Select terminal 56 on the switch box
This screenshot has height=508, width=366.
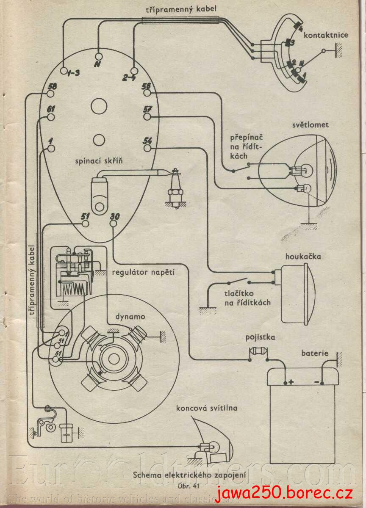(147, 93)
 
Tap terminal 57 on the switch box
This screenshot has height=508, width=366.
(147, 116)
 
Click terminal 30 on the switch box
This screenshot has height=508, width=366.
(114, 224)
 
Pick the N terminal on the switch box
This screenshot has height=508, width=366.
(99, 56)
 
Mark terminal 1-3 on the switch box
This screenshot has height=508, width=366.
(64, 70)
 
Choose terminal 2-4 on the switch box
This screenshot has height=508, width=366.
(134, 70)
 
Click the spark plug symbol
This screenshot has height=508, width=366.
(174, 189)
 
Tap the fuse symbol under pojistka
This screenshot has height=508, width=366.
(258, 351)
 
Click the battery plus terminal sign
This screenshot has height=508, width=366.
(291, 382)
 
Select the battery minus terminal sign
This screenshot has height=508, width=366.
(316, 382)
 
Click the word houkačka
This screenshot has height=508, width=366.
(303, 257)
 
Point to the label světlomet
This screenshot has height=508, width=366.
(310, 125)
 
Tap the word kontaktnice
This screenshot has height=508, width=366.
(325, 36)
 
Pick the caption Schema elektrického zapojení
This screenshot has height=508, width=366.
(189, 475)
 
